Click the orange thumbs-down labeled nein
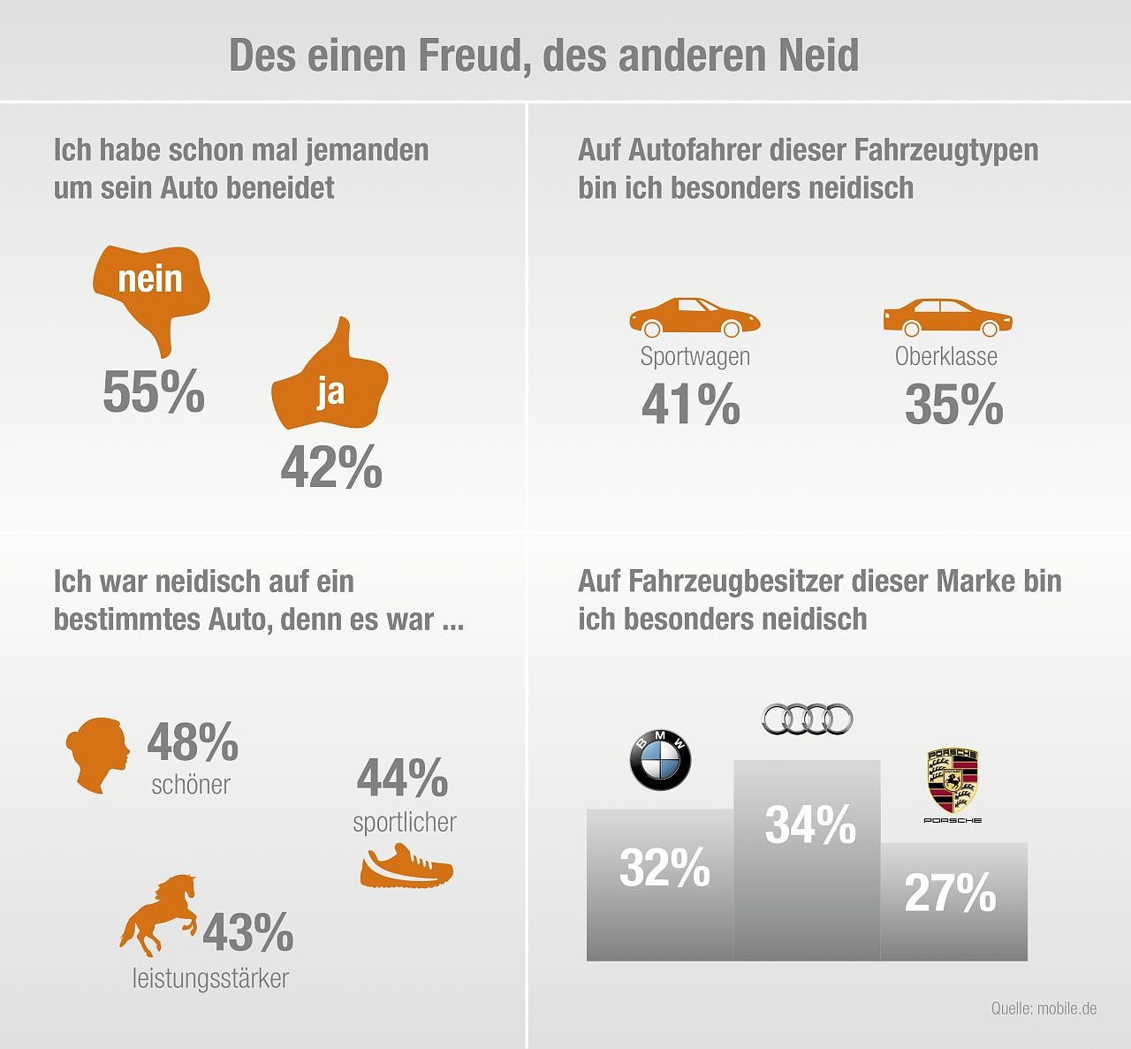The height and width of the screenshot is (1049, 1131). click(x=151, y=287)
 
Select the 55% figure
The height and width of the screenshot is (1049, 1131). click(x=154, y=391)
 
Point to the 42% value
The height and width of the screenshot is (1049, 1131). click(x=331, y=467)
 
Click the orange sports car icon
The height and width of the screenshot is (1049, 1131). click(x=694, y=317)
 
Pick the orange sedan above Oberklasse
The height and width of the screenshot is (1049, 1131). click(x=947, y=317)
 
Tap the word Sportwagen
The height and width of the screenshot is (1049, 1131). click(x=695, y=356)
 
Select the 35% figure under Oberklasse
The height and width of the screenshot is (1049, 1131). click(x=953, y=405)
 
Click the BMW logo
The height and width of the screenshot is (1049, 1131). click(x=660, y=760)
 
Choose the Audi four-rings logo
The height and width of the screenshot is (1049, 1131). click(x=808, y=719)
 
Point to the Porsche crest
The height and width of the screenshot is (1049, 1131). click(x=953, y=781)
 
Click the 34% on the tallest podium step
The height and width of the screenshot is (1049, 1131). click(x=809, y=825)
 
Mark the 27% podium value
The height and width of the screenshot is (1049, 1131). click(x=950, y=893)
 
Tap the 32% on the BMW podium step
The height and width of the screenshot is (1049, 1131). click(x=664, y=868)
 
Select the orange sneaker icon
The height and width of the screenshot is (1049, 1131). click(x=406, y=867)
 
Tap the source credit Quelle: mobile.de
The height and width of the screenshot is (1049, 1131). click(x=1044, y=1007)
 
